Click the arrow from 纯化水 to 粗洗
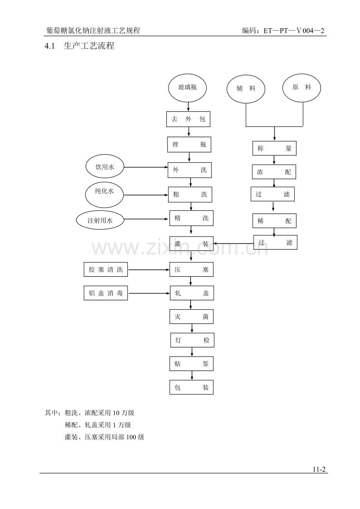(146, 195)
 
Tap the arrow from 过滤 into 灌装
(234, 244)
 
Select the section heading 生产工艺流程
(89, 46)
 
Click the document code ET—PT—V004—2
(294, 30)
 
